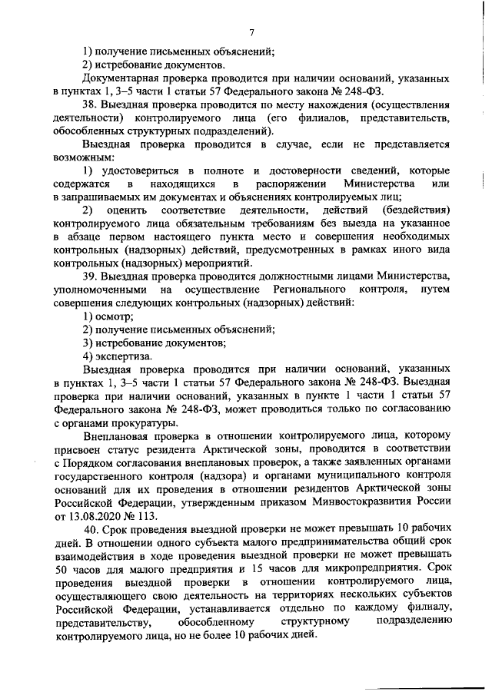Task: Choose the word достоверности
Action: click(x=295, y=170)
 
